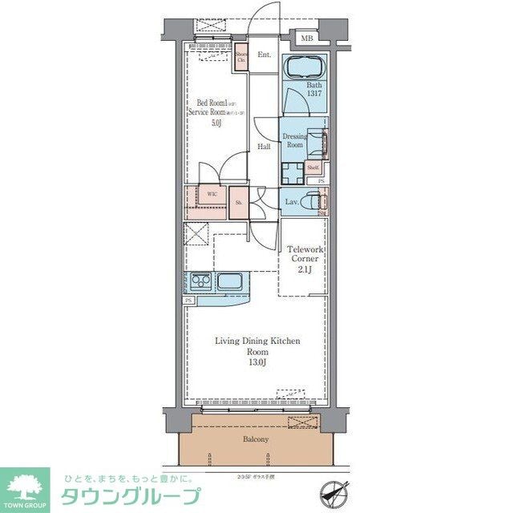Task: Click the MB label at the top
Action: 306,38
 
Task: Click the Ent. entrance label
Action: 264,55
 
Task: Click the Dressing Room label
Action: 296,140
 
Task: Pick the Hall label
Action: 264,147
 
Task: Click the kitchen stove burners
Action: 200,281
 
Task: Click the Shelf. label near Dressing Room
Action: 313,168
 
